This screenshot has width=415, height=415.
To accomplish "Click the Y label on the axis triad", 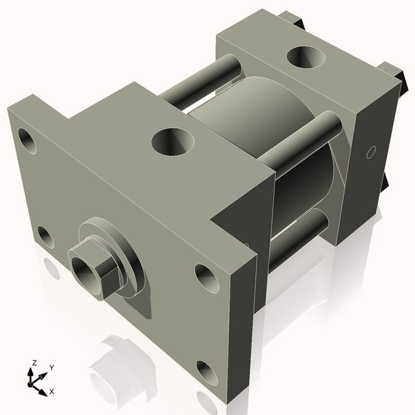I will (x=51, y=367).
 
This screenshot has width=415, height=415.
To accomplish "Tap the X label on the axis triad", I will (x=51, y=391).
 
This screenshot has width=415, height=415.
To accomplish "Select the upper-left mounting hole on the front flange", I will (x=29, y=140).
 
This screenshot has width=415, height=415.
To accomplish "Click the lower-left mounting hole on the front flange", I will (x=46, y=237).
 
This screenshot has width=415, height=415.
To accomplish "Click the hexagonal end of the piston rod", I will (x=93, y=267).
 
